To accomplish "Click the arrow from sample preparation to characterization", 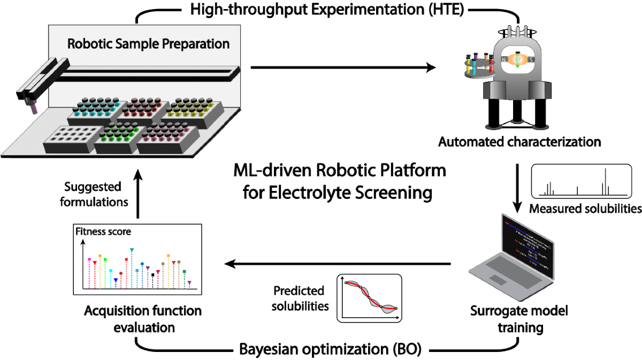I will [x=342, y=67].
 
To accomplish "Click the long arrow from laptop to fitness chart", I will [x=337, y=263].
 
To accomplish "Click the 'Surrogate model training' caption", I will [x=518, y=319].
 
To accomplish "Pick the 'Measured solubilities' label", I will [x=585, y=209].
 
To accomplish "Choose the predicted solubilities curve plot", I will [x=369, y=298].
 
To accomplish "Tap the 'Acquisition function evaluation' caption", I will [x=143, y=319].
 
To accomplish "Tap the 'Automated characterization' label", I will [x=519, y=142].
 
